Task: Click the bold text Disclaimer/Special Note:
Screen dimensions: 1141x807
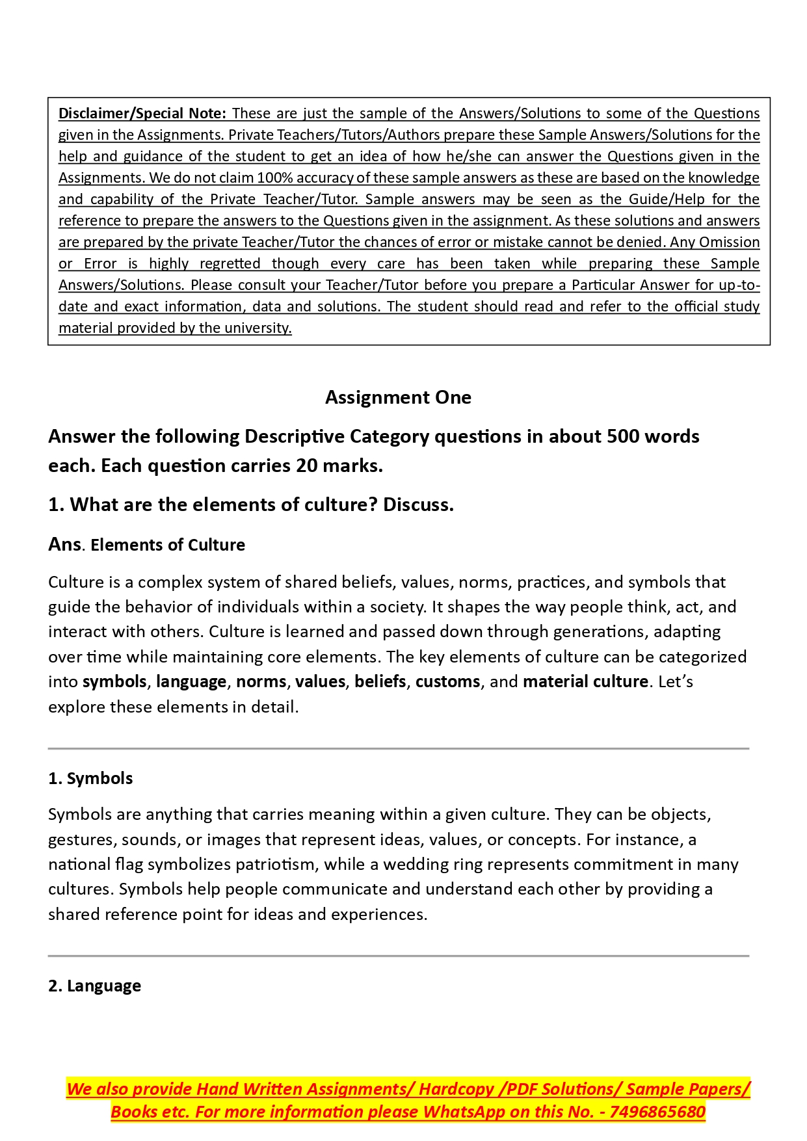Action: pos(142,114)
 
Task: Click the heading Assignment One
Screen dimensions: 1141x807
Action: pos(398,397)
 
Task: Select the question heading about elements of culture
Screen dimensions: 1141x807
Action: pos(250,505)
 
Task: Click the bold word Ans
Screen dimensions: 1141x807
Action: pos(64,544)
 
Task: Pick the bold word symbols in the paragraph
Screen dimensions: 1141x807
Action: pos(114,681)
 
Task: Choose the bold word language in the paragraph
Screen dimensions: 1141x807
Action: pos(191,681)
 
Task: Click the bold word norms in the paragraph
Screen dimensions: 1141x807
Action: pos(261,681)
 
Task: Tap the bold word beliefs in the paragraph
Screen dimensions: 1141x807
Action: pos(380,681)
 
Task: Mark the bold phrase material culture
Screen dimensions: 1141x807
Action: pos(585,681)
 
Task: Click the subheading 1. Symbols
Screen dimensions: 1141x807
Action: pos(90,778)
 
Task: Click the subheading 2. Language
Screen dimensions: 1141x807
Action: pos(94,986)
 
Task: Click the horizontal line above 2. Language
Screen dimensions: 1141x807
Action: pos(398,956)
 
